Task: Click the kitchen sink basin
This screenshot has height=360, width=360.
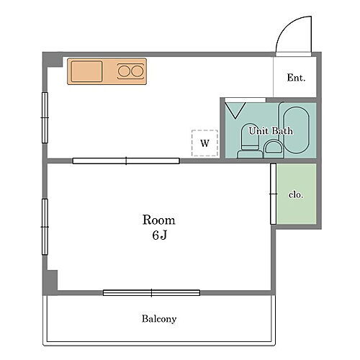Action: [87, 72]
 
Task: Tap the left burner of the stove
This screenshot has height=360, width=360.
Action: [124, 71]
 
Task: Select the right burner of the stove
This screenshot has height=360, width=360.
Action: [136, 71]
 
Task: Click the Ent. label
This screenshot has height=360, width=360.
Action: [296, 78]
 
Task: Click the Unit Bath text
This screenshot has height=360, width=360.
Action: [271, 131]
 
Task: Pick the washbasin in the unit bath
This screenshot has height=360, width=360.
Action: [273, 148]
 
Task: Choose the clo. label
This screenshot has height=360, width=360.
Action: [295, 194]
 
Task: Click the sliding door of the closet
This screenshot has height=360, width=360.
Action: [274, 194]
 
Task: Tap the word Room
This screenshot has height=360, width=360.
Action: [158, 220]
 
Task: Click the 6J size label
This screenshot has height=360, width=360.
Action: [159, 235]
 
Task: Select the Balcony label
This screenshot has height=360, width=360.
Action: [159, 318]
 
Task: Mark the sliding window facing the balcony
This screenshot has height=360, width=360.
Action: [151, 292]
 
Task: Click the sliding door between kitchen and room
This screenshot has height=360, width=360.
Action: [126, 161]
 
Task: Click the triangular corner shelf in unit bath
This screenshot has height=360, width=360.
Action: [233, 109]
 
